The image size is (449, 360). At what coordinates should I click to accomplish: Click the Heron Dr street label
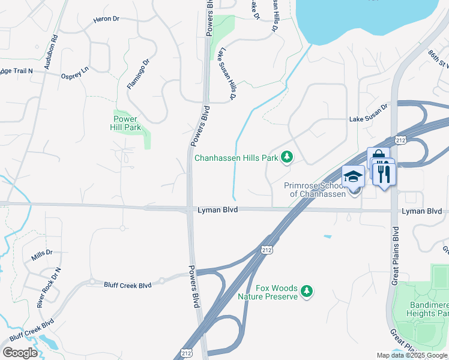pyautogui.click(x=106, y=19)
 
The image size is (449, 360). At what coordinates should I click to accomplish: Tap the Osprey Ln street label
pyautogui.click(x=75, y=72)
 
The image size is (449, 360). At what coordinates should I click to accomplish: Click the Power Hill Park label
pyautogui.click(x=125, y=123)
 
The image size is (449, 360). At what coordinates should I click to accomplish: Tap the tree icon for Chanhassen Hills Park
pyautogui.click(x=288, y=157)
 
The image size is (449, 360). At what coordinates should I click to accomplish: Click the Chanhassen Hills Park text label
pyautogui.click(x=237, y=158)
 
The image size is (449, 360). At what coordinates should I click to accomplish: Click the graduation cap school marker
pyautogui.click(x=353, y=176)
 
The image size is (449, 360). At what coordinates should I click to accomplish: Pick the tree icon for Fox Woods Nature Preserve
pyautogui.click(x=307, y=291)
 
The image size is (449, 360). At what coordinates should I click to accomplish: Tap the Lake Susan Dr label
pyautogui.click(x=369, y=120)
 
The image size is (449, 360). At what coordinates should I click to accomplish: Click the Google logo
pyautogui.click(x=20, y=353)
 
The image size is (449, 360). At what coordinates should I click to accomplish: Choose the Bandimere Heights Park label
pyautogui.click(x=426, y=309)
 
